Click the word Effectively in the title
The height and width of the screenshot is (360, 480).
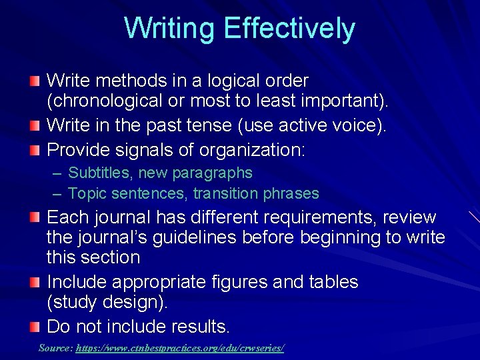pos(289,29)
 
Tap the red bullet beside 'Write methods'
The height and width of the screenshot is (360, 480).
pos(34,81)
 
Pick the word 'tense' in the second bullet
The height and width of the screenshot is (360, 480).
pos(201,125)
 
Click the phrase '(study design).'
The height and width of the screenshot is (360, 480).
pos(107,302)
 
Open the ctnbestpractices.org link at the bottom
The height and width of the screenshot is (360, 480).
pos(179,348)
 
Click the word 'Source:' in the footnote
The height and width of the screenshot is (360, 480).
pos(55,348)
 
